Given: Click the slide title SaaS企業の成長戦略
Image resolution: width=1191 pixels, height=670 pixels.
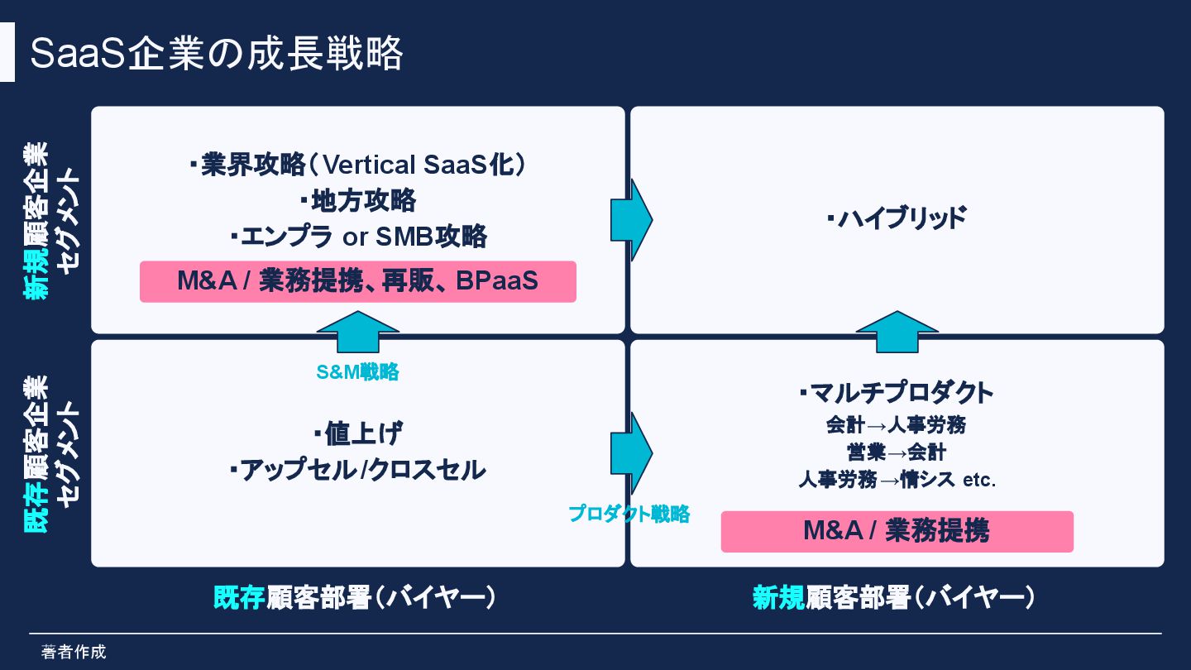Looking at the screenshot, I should (x=216, y=55).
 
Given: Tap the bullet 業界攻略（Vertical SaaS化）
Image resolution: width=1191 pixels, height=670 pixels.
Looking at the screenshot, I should (x=358, y=165).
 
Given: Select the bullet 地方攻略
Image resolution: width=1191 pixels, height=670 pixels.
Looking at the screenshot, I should (x=358, y=200).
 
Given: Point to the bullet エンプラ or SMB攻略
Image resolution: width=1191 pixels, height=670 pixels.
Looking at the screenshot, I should (x=358, y=237).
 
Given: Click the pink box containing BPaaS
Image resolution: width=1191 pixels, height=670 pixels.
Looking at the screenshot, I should (x=357, y=281).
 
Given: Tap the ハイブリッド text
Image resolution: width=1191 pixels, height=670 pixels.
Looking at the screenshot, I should (x=897, y=219).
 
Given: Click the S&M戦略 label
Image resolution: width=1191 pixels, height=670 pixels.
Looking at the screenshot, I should (x=357, y=372).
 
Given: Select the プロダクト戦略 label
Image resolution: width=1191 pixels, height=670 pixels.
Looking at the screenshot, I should (x=629, y=514).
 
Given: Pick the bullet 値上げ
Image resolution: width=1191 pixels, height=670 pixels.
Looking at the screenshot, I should (x=358, y=433).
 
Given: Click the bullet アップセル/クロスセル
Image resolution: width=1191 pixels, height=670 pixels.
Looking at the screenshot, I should (x=358, y=470).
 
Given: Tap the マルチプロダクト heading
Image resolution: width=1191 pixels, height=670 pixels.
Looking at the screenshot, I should (x=897, y=392).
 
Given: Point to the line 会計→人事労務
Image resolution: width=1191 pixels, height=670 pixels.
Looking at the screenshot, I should (x=897, y=425).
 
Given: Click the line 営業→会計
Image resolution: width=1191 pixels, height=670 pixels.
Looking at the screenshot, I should (x=897, y=452).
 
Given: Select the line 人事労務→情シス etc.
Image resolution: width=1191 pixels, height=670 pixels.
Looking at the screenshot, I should (x=897, y=479).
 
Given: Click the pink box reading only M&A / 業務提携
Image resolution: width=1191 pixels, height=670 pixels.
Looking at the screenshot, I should (x=897, y=531).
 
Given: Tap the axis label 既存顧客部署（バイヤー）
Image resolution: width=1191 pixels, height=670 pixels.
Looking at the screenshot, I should (x=355, y=597).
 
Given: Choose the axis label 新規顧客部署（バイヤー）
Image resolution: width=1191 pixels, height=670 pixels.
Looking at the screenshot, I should (x=893, y=597).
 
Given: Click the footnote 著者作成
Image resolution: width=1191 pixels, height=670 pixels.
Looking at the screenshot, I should (x=74, y=652).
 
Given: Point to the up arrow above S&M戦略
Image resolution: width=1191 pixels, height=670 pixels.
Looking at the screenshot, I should (x=358, y=332).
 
